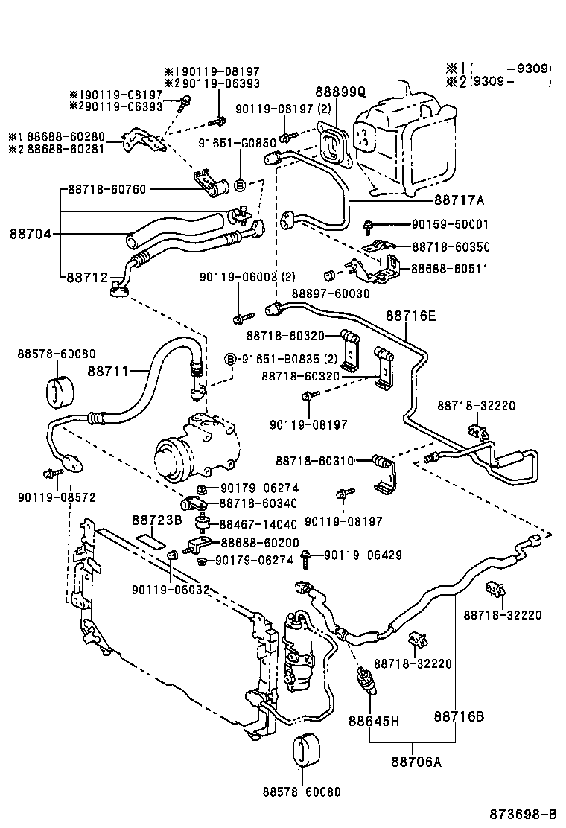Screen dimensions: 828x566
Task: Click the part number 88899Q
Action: pos(340,92)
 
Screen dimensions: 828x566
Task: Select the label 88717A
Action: pos(459,200)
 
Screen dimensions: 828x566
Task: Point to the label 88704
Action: pos(31,234)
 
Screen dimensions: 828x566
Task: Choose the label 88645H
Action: pos(375,721)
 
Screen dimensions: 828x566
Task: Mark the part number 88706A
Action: pos(416,761)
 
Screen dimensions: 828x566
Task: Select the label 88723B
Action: pos(157,519)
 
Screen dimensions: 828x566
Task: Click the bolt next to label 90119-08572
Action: pos(51,474)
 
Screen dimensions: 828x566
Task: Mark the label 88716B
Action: pos(460,716)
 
